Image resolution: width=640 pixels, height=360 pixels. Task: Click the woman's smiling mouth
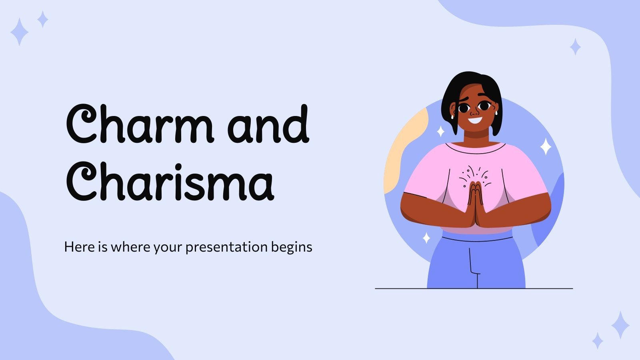[475, 120]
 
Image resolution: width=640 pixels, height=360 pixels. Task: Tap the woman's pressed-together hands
[475, 204]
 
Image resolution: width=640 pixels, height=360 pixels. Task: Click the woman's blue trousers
[476, 264]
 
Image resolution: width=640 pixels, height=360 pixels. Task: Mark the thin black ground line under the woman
[400, 288]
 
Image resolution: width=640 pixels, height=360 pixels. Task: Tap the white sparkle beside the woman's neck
[440, 131]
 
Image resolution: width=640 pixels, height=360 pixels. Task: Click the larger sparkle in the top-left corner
[19, 31]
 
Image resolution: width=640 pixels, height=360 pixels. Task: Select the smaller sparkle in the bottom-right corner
[598, 341]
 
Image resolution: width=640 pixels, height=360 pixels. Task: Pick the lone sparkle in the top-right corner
[575, 47]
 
